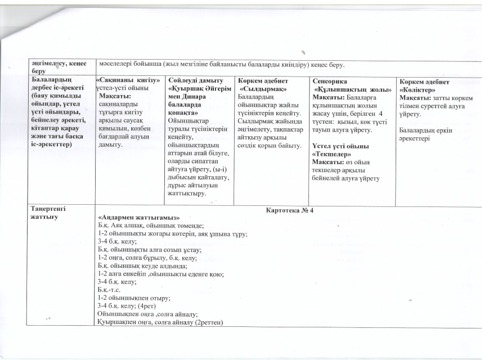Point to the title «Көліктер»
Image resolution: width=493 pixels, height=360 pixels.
(419, 89)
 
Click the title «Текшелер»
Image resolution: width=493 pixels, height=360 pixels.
(331, 153)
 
